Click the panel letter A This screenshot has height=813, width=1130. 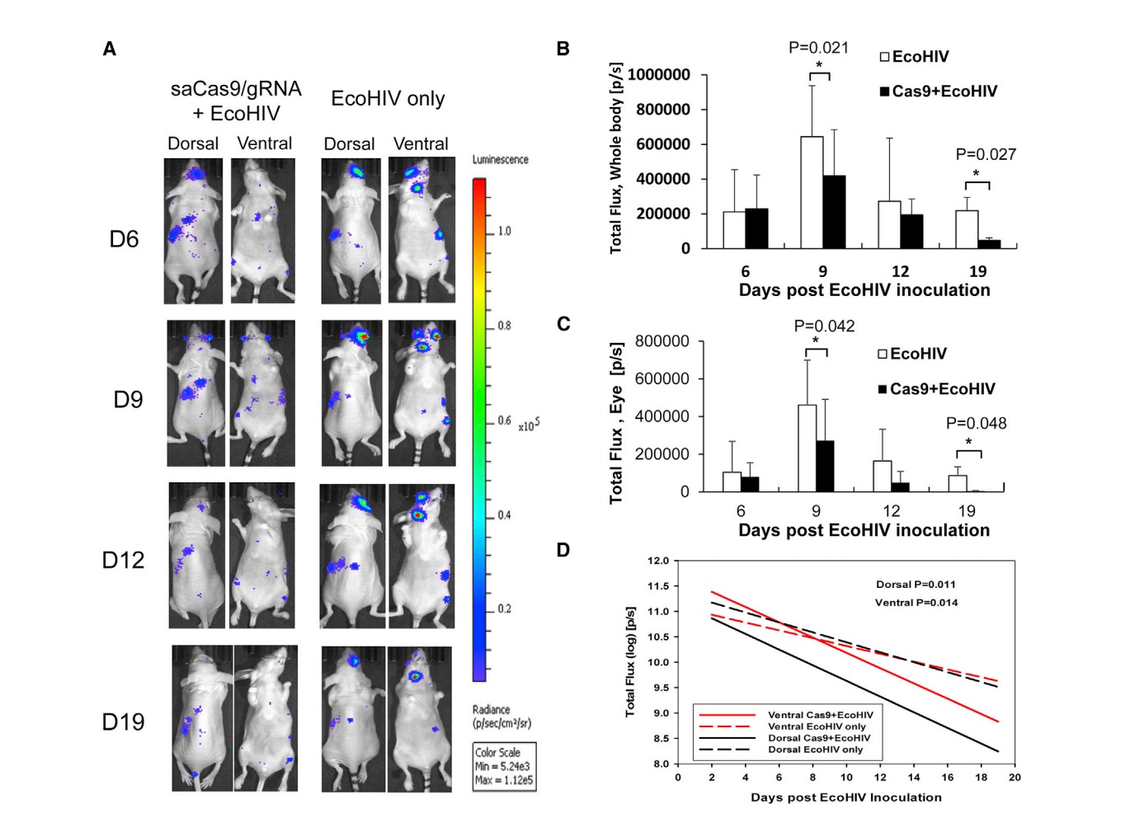109,49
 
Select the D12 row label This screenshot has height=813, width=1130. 123,561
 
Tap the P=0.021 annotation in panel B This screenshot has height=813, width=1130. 818,48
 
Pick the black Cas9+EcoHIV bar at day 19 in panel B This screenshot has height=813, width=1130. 989,244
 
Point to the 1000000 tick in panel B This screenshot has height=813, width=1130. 659,75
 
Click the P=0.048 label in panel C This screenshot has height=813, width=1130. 976,424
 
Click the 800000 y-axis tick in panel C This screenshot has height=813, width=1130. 662,341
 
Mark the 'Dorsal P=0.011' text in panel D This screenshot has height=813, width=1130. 916,585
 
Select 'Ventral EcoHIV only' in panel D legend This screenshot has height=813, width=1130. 817,726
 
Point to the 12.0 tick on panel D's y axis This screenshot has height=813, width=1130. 658,562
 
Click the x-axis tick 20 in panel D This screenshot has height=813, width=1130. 1015,777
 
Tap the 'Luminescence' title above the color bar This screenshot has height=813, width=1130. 500,160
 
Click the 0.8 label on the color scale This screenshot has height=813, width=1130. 504,326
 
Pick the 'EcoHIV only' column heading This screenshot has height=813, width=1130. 388,99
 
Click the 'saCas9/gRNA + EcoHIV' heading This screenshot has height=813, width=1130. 236,101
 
